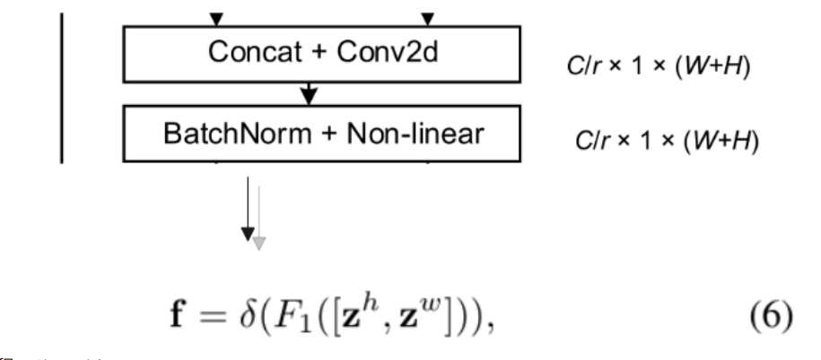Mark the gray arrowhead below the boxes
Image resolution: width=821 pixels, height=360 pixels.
[x=258, y=242]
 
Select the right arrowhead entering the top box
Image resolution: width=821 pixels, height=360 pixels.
[x=428, y=17]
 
